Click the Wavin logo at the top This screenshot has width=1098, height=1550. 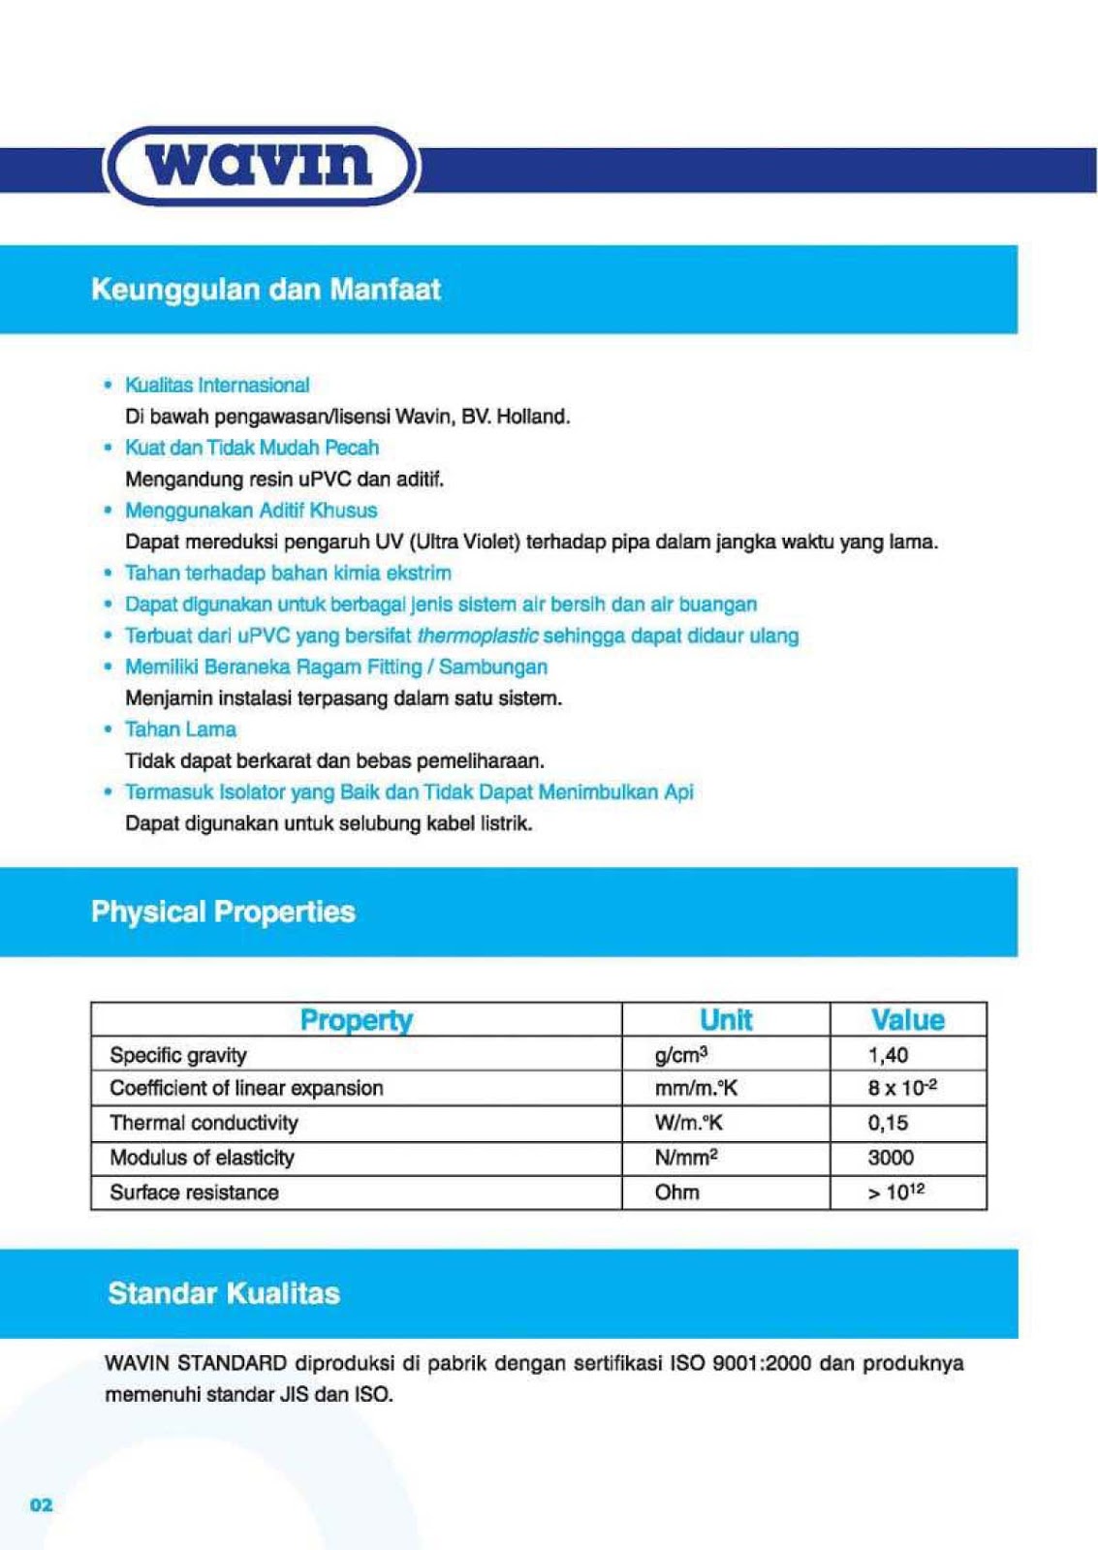click(x=261, y=166)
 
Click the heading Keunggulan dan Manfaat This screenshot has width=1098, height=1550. click(x=266, y=290)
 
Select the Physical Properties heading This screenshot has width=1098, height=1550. click(x=223, y=912)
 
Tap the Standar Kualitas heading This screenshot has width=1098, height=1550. click(x=224, y=1293)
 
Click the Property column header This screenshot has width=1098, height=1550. click(x=356, y=1020)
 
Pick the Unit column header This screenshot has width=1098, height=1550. click(x=726, y=1020)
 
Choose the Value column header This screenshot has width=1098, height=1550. click(x=907, y=1020)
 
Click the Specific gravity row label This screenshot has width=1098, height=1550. click(x=178, y=1055)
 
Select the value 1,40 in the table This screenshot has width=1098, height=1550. click(x=888, y=1055)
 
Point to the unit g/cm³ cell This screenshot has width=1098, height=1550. click(x=681, y=1055)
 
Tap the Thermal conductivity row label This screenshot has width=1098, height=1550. click(x=204, y=1123)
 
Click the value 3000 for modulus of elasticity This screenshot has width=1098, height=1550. click(x=891, y=1158)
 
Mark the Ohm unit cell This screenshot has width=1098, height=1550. click(x=676, y=1193)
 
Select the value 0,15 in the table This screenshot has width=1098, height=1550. click(x=888, y=1123)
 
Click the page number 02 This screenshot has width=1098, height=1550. click(x=42, y=1504)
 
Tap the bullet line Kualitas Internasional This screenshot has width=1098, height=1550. click(x=217, y=386)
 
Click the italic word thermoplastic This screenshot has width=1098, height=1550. click(x=478, y=635)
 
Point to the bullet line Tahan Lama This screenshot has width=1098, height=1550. click(x=180, y=729)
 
